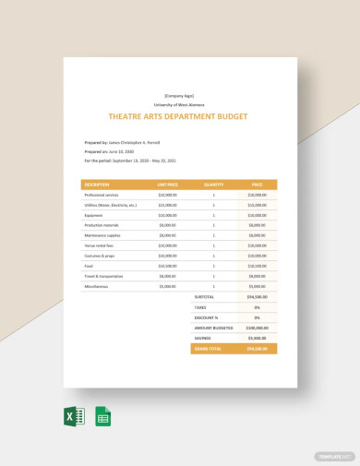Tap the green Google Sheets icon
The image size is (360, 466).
[x=103, y=416]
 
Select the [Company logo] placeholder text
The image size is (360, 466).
[x=180, y=96]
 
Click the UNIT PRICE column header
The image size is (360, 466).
[x=167, y=184]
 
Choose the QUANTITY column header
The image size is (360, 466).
[x=213, y=184]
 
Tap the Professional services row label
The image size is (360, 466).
[x=102, y=195]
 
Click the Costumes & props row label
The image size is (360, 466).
[x=100, y=256]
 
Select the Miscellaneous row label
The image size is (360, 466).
[x=97, y=286]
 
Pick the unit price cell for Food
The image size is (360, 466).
[x=167, y=266]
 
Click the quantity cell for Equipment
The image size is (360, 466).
[x=213, y=215]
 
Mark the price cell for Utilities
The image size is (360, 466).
[x=257, y=205]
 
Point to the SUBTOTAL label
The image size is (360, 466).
[x=202, y=296]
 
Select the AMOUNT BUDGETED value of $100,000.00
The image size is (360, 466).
[x=257, y=327]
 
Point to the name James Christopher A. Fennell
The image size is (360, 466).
[x=135, y=142]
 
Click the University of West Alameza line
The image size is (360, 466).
[x=180, y=105]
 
